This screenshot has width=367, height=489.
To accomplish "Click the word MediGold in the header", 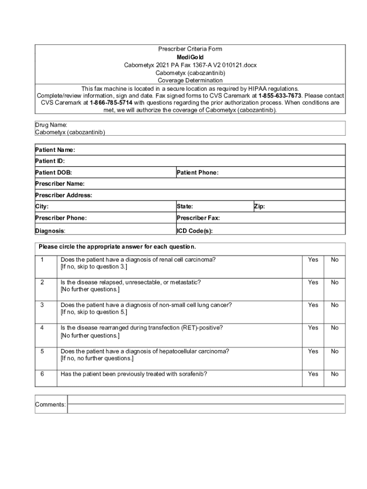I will coord(190,57).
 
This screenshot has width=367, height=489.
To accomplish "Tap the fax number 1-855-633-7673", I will coord(280,96).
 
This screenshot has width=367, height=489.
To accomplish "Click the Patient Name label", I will coord(55,150).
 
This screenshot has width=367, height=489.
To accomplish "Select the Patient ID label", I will coord(50,161).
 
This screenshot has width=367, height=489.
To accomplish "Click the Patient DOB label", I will coord(53,172).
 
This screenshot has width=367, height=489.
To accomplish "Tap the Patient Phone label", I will coord(197,172).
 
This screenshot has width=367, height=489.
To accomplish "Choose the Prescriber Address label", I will coord(63,195).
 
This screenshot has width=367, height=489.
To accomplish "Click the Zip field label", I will coord(259,206).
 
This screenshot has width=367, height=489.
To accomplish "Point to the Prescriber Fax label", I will coord(198,218).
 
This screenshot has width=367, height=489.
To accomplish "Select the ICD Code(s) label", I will coord(194,231).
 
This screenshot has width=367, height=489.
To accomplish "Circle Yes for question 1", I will coord(313,260).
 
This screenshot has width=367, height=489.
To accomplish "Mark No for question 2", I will coord(335,282).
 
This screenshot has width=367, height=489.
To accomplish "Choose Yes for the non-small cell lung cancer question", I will coord(313,305).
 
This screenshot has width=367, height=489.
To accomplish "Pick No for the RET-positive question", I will coord(335,328).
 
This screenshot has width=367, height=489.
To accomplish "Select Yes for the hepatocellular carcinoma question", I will coord(313,351).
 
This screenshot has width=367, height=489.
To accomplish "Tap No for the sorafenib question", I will coord(335,374).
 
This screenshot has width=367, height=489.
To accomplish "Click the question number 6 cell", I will coord(42,374).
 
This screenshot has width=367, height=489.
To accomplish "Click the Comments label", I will coord(51,404).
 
